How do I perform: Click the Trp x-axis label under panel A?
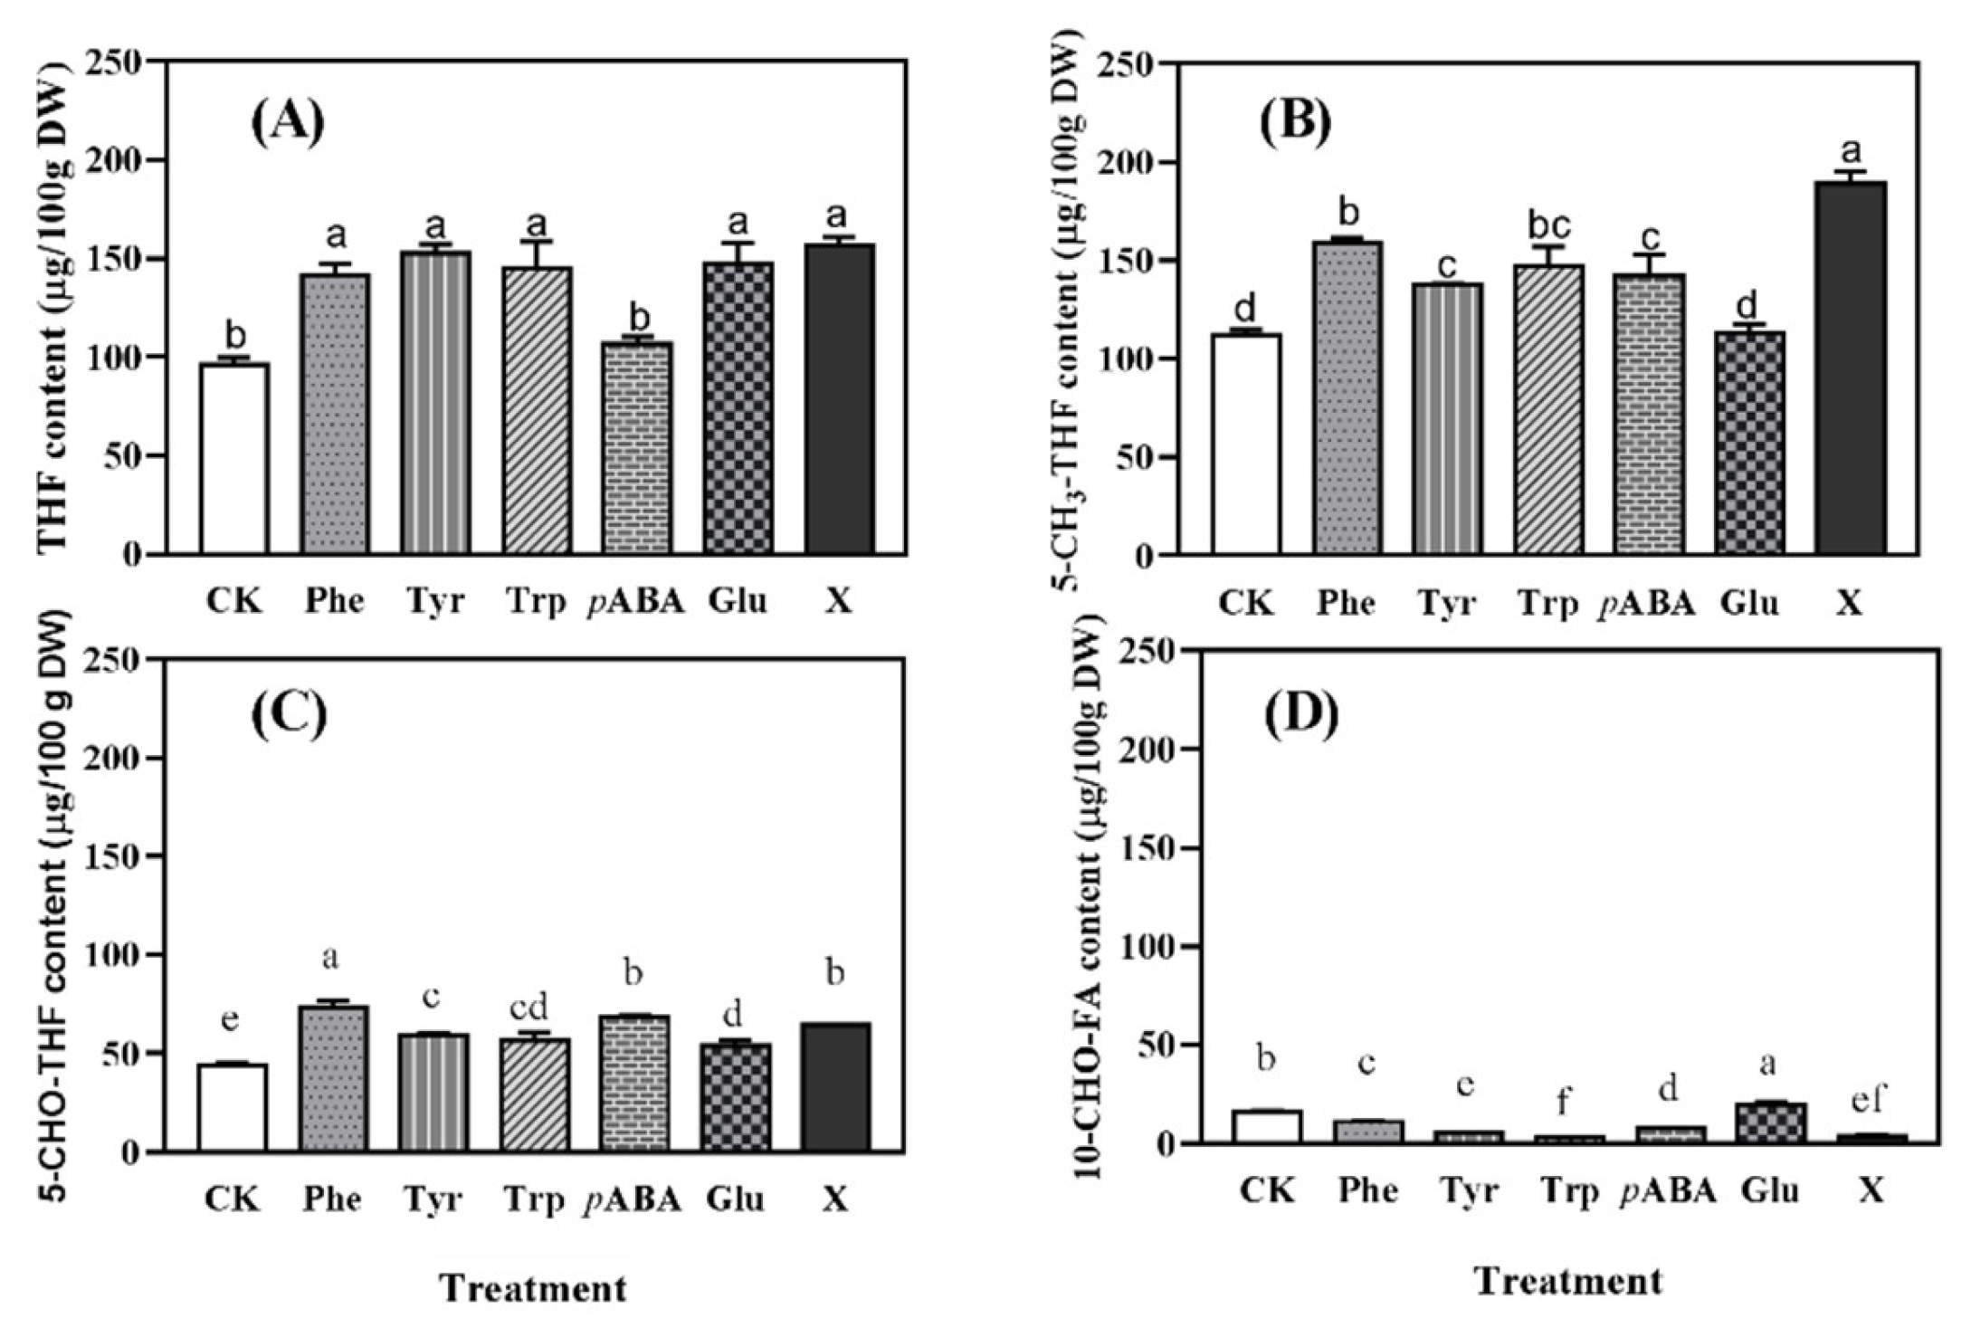(x=536, y=601)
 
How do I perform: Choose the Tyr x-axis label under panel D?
(x=1469, y=1190)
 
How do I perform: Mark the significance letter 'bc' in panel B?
(x=1548, y=225)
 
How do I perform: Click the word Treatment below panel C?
(x=533, y=1288)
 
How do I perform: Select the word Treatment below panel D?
(x=1570, y=1281)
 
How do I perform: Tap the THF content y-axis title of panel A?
(x=53, y=308)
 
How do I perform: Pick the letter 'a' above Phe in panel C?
(x=330, y=959)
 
